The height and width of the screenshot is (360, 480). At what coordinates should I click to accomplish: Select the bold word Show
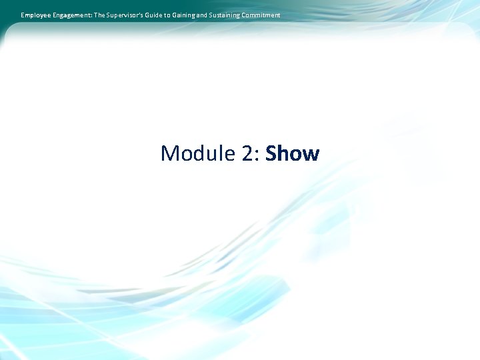pyautogui.click(x=293, y=154)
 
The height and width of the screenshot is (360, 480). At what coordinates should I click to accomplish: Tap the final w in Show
pyautogui.click(x=311, y=156)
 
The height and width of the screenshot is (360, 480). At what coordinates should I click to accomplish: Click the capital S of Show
pyautogui.click(x=271, y=154)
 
